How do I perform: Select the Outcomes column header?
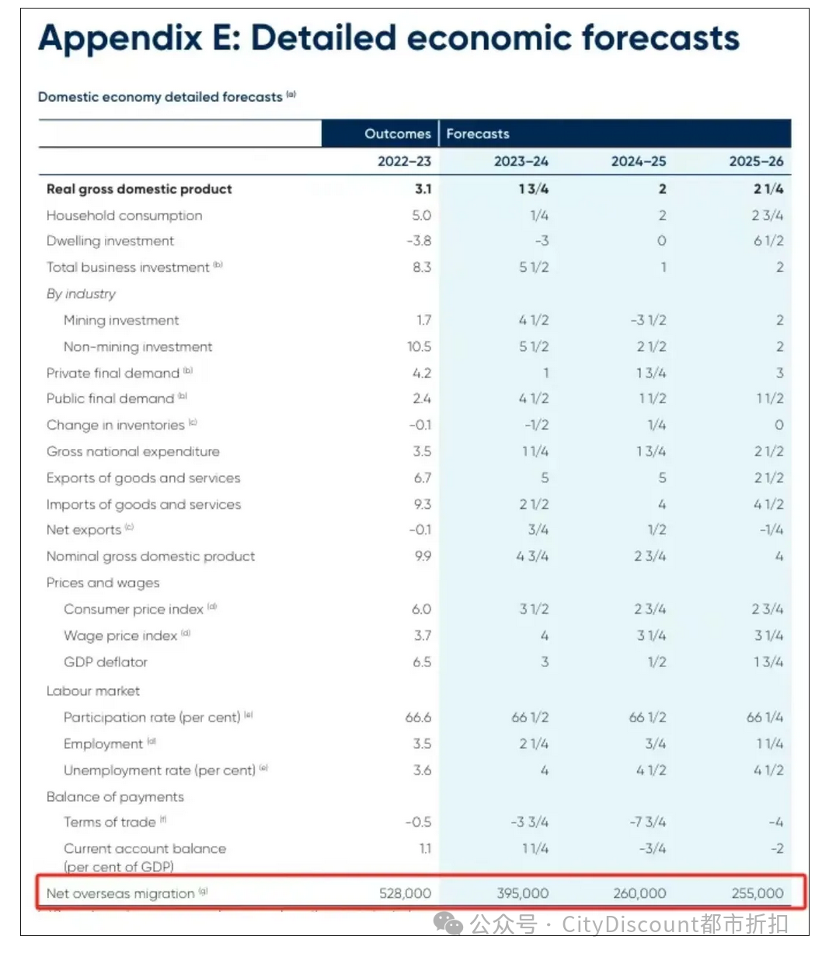tap(397, 134)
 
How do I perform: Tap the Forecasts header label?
tap(478, 134)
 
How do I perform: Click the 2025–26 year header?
tap(755, 162)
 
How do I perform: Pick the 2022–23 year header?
tap(404, 162)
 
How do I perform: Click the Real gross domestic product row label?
tap(139, 189)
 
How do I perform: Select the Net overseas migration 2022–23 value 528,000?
tap(405, 893)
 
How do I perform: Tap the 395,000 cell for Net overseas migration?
tap(522, 893)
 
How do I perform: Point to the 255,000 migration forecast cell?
tap(757, 893)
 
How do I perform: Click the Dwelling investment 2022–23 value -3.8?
tap(419, 241)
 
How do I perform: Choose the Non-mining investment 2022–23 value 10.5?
tap(419, 346)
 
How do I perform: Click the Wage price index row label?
tap(121, 635)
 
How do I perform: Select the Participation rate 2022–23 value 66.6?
tap(418, 717)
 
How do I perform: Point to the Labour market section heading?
tap(93, 691)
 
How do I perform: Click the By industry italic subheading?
tap(81, 294)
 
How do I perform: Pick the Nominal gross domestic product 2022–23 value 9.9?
tap(422, 556)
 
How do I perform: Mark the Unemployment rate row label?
tap(159, 771)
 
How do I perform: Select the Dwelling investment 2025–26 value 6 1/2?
tap(768, 241)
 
